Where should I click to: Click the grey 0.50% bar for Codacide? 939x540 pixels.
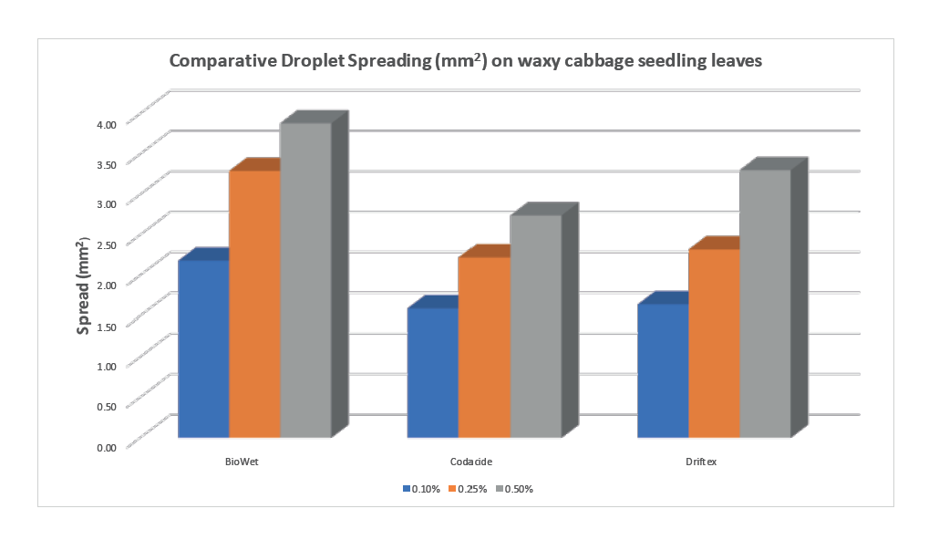[535, 326]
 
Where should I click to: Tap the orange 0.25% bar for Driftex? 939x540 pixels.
[713, 343]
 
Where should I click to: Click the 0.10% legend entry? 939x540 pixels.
[422, 489]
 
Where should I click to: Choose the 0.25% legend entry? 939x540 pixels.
[469, 489]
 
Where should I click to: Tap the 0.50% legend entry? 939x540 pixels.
[515, 489]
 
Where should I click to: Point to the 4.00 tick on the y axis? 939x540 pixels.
[106, 124]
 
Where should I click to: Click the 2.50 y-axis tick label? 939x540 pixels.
[106, 244]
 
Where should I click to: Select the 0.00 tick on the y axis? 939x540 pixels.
[106, 447]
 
